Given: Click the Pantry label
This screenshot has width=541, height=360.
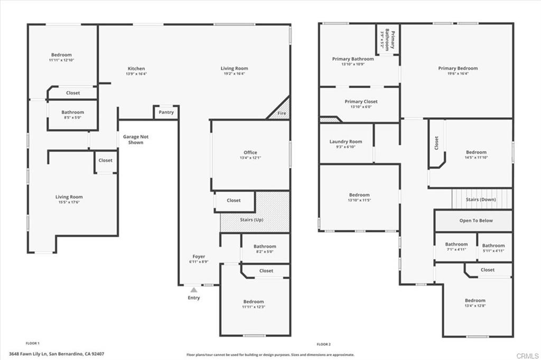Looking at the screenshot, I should tap(166, 112).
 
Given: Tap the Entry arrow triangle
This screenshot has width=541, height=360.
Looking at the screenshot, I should tap(194, 290).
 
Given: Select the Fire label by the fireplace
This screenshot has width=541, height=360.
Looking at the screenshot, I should tap(283, 113).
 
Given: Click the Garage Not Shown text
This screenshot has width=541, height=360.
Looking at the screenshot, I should tap(136, 139).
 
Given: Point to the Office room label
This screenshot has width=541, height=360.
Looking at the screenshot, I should tap(250, 153).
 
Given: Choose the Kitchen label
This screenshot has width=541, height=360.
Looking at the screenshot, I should tap(136, 69).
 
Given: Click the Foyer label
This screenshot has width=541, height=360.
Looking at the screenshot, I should tap(199, 257).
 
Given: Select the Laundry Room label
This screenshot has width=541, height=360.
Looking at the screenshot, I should tap(346, 141).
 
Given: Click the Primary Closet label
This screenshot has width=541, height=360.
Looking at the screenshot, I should tap(361, 101).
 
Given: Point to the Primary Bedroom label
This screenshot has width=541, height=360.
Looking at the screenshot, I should tap(458, 68).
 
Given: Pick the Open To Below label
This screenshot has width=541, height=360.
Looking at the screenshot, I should tap(475, 221).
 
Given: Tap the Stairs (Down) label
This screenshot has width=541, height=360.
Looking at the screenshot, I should tap(481, 200).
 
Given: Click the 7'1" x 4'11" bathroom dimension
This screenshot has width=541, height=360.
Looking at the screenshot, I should tap(456, 250).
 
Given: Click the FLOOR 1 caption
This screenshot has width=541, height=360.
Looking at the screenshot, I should tap(33, 344).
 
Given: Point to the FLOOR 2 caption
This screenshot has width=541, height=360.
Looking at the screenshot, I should tap(323, 344).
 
